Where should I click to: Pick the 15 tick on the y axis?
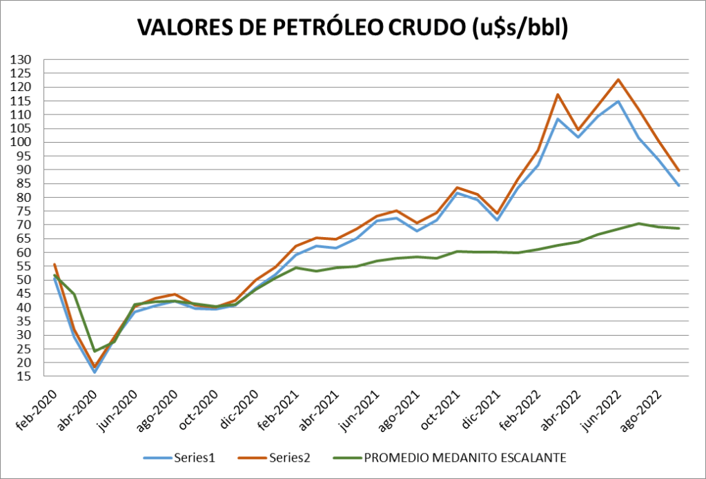[x=26, y=377]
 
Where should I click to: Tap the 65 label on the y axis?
[x=26, y=239]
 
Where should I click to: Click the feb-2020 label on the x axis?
[x=37, y=409]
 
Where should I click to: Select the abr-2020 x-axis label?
[x=77, y=409]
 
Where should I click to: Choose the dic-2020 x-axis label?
[x=239, y=409]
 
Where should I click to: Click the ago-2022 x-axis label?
[x=644, y=409]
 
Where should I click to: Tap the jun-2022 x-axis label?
[x=603, y=409]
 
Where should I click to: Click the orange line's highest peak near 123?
[x=618, y=79]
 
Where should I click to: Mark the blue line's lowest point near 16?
[x=95, y=372]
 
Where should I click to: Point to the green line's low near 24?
[x=95, y=351]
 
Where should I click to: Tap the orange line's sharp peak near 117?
[x=557, y=94]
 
